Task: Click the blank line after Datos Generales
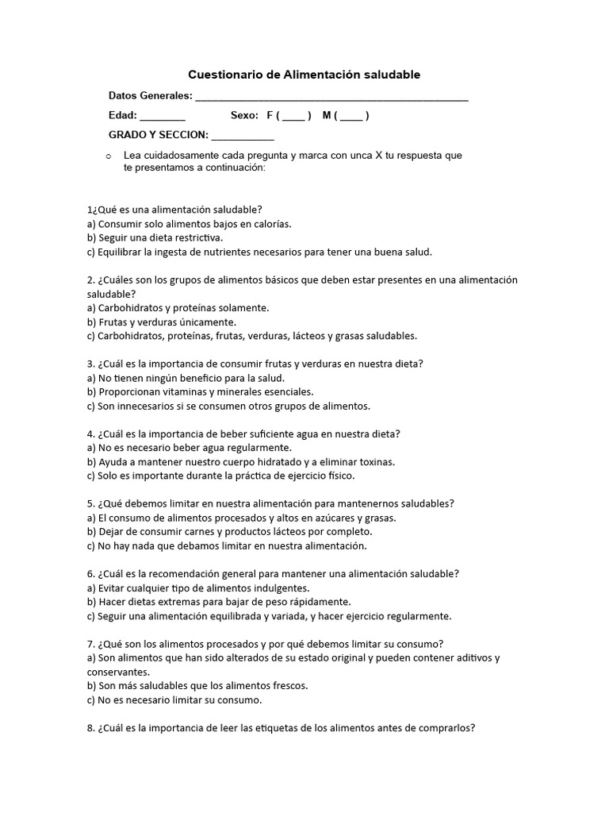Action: click(x=331, y=98)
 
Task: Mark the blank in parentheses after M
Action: click(x=351, y=118)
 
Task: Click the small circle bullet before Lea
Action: click(x=107, y=156)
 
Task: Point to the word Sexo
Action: click(x=244, y=116)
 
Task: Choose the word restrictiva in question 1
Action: click(x=194, y=237)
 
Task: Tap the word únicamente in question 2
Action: click(x=207, y=322)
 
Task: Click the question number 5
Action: click(x=90, y=503)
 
